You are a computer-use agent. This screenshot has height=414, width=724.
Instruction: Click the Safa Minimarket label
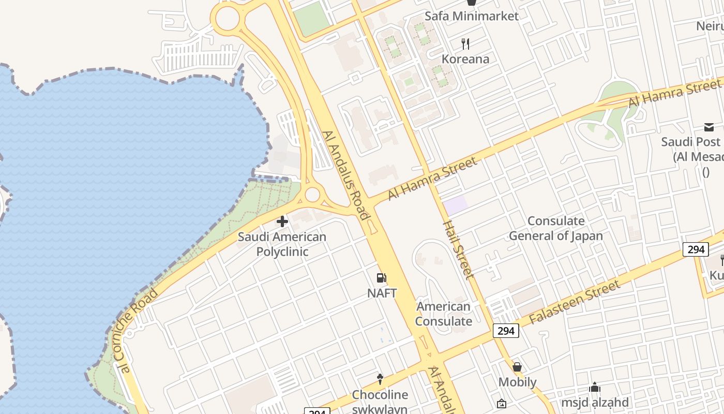click(x=471, y=16)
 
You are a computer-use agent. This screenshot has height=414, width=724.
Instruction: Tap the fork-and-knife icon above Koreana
click(x=465, y=44)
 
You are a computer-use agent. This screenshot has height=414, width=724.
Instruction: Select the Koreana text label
click(x=465, y=59)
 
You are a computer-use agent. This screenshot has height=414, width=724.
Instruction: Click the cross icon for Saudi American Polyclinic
click(x=282, y=222)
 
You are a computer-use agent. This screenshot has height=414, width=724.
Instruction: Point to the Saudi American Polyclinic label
click(x=282, y=244)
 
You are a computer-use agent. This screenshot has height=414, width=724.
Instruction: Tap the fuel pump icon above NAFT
click(x=382, y=278)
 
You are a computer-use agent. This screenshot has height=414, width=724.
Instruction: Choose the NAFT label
click(x=382, y=293)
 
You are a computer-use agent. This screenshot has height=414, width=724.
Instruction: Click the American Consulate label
click(x=444, y=314)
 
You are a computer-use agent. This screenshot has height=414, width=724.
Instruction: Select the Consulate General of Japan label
click(x=556, y=228)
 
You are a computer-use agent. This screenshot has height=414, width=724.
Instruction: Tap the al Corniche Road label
click(x=138, y=331)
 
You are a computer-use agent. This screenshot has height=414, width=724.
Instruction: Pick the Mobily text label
click(x=517, y=382)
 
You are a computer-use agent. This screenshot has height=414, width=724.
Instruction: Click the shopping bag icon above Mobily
click(x=517, y=367)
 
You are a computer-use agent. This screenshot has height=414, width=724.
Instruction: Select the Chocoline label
click(x=380, y=395)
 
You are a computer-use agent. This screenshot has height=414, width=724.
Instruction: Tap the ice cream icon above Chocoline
click(x=380, y=379)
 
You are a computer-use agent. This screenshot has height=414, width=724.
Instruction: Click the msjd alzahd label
click(x=595, y=402)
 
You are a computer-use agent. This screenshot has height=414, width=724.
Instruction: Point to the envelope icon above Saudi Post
click(x=708, y=127)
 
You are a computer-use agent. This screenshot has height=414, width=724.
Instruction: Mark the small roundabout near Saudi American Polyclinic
click(x=312, y=195)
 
